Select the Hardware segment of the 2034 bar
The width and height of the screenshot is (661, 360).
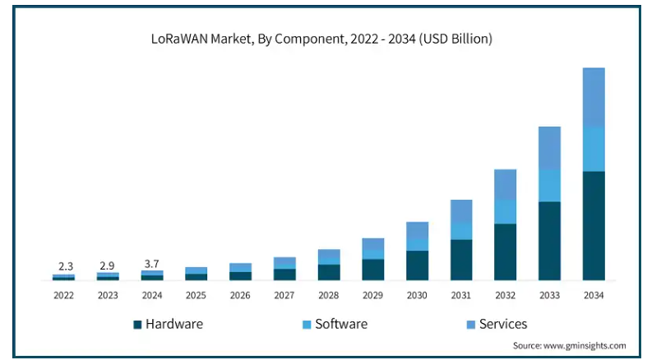pos(594,225)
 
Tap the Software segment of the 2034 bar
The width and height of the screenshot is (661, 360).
pos(594,150)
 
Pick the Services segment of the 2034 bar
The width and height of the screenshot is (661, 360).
pos(594,98)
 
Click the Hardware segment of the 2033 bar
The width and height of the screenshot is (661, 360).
pos(549,241)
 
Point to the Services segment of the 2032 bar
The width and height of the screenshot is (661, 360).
pos(506,184)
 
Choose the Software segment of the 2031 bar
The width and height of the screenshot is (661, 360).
pos(461,230)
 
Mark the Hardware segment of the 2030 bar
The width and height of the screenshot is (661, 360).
pos(417,265)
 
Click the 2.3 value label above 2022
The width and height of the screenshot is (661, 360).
pos(65,266)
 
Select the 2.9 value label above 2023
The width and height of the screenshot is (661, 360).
pos(109,265)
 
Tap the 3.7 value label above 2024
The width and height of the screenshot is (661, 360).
pos(153,263)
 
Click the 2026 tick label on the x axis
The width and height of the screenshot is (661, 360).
pos(241,294)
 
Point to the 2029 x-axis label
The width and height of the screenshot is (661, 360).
pos(373,294)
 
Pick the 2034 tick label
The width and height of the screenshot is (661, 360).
pos(594,294)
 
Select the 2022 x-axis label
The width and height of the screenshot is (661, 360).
pos(65,294)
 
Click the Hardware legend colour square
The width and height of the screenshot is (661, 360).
pos(138,324)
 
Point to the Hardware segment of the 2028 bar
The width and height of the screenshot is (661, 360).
pos(329,272)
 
